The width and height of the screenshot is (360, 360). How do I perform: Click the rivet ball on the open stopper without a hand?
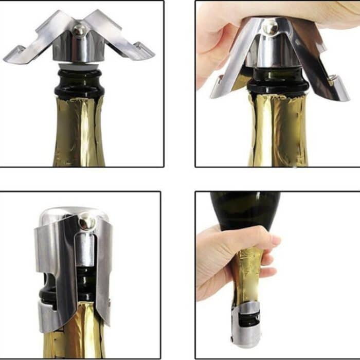(x=79, y=30)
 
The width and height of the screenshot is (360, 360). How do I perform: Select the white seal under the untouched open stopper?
(x=79, y=66)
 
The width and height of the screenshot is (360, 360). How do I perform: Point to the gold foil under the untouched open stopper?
(x=79, y=134)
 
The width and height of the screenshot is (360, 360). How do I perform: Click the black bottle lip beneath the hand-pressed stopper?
(x=278, y=85)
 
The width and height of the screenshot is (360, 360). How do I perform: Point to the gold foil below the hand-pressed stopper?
(x=278, y=134)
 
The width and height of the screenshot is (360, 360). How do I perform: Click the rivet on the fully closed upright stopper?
(x=86, y=222)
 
